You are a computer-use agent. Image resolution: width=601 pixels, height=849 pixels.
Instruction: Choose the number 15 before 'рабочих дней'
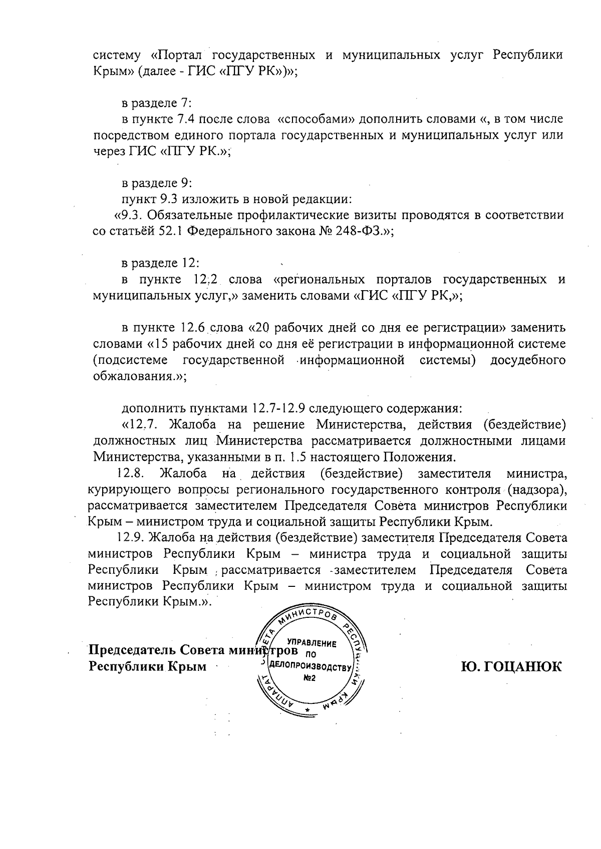[163, 344]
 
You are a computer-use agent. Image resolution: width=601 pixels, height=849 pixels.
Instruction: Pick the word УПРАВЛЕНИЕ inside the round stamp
[311, 643]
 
